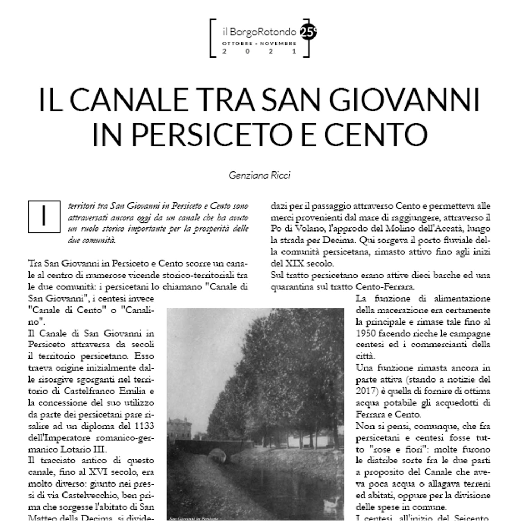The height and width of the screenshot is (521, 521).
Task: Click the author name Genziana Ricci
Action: [259, 175]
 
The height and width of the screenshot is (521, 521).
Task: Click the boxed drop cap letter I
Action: [44, 216]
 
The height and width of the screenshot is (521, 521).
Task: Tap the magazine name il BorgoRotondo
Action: [259, 32]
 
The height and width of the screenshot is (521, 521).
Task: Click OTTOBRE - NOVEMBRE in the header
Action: [259, 44]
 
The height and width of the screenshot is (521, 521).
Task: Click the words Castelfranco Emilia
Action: [104, 391]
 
